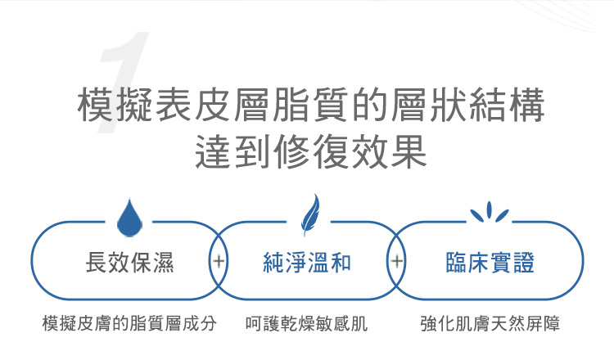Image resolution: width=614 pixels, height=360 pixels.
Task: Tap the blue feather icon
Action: point(309,214)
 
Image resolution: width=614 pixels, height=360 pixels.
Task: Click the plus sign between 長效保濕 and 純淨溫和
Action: point(219,262)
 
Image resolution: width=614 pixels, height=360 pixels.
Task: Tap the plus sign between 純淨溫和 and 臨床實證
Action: point(397,262)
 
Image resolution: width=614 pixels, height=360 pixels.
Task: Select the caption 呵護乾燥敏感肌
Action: point(307,323)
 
